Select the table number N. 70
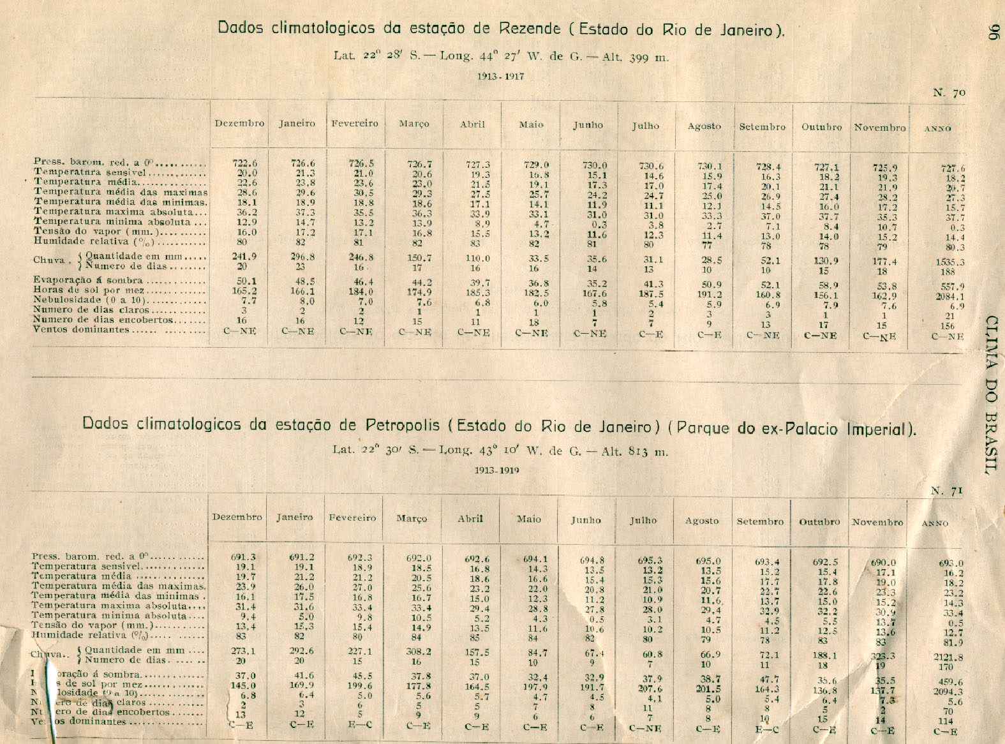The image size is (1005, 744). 949,93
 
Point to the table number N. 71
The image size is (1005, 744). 946,491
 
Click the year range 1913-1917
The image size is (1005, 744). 500,77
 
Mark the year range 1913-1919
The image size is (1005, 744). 496,470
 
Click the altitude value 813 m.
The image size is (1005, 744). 647,452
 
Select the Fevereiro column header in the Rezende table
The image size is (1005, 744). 354,124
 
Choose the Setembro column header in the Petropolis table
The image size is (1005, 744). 760,521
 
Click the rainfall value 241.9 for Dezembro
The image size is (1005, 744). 244,257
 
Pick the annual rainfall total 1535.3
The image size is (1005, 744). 952,262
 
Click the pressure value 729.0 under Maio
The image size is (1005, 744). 535,165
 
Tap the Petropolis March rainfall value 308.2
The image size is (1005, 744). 419,652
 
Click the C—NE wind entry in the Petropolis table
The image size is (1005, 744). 644,728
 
